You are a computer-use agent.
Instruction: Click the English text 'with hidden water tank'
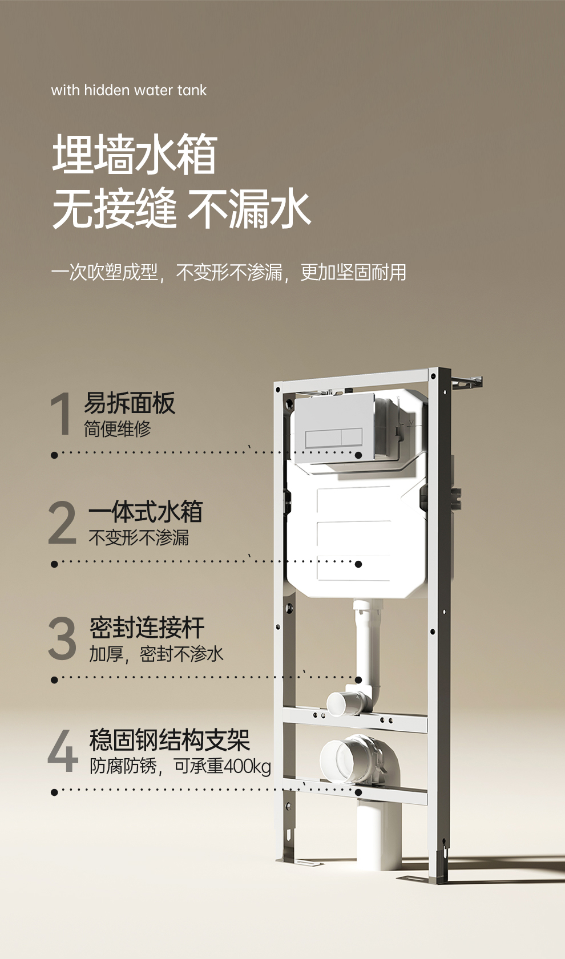click(128, 90)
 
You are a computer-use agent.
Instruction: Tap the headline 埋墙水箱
click(135, 154)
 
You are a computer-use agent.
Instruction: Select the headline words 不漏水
click(249, 209)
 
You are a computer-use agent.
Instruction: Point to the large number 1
click(61, 414)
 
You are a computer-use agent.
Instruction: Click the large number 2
click(62, 523)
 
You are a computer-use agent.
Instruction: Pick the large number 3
click(62, 638)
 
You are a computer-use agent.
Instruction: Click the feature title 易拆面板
click(130, 403)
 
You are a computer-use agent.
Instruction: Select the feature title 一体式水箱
click(145, 512)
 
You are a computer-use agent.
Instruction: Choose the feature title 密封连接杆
click(147, 628)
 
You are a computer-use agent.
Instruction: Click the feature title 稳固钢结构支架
click(169, 740)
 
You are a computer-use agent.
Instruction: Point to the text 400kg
click(247, 766)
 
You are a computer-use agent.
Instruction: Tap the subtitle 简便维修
click(118, 428)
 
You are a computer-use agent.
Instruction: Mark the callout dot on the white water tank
click(358, 564)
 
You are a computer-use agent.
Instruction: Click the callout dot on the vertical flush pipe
click(358, 680)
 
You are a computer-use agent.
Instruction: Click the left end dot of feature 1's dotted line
click(54, 455)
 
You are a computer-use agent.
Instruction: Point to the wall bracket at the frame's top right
click(467, 382)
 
